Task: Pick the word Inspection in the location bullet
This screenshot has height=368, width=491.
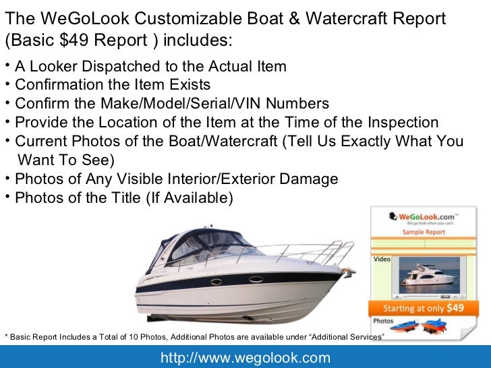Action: click(401, 123)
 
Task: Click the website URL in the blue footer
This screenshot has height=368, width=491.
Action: click(245, 357)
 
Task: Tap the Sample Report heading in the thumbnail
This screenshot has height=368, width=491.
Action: click(424, 232)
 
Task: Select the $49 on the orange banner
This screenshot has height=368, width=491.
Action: click(456, 309)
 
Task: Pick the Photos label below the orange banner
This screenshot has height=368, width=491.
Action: click(384, 321)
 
